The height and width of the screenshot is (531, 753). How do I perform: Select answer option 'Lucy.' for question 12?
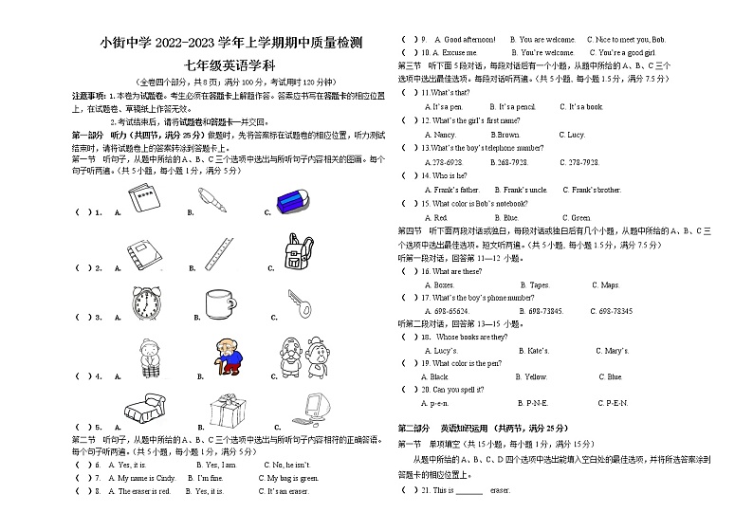[x=575, y=135]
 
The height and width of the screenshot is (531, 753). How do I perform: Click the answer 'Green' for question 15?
[x=577, y=218]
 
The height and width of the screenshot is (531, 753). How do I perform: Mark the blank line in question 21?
[x=470, y=492]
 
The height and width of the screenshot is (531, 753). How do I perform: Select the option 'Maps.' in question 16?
[x=605, y=284]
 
